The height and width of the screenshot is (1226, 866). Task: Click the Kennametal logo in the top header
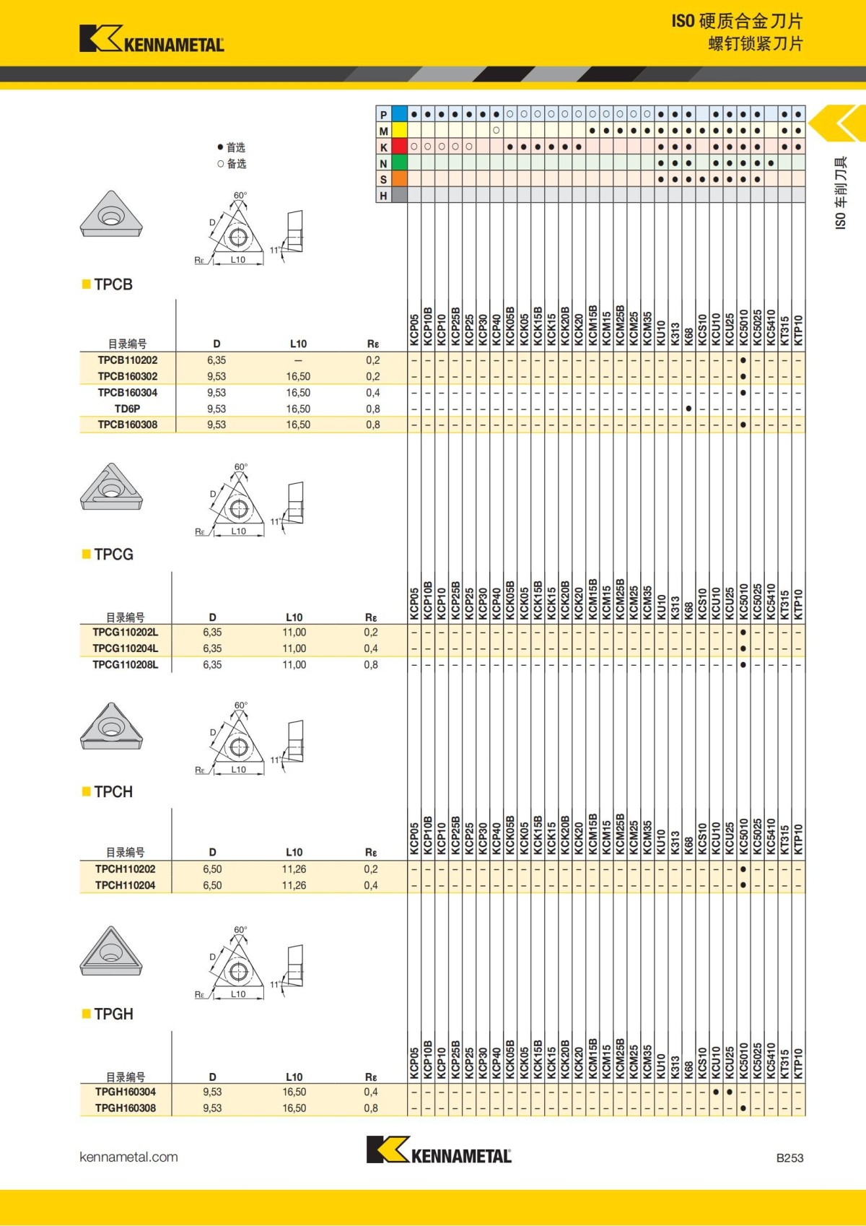(x=152, y=39)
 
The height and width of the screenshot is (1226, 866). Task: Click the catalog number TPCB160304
(x=128, y=393)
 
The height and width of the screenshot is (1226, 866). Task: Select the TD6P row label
(x=128, y=409)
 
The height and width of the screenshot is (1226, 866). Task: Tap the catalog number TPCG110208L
(x=125, y=664)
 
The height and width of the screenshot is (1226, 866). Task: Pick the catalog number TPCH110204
(x=125, y=885)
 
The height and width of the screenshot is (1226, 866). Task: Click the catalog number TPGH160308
(x=125, y=1108)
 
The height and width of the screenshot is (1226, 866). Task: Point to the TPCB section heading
(x=113, y=284)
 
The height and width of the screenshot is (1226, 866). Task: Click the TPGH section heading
(x=113, y=1014)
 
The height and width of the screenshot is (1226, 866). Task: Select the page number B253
(x=790, y=1157)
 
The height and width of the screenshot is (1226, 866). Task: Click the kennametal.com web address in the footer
(x=128, y=1157)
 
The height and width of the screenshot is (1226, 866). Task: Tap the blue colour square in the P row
(x=399, y=114)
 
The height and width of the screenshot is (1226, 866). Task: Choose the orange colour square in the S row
(x=399, y=179)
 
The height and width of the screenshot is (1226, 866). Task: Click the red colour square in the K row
(x=399, y=147)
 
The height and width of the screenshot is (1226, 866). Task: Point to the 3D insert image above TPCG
(x=111, y=487)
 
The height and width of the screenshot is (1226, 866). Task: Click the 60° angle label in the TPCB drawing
(x=240, y=195)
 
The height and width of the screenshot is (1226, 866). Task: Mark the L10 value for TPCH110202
(x=294, y=869)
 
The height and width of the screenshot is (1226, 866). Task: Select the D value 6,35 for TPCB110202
(x=216, y=360)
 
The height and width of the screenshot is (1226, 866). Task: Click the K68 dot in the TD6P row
(x=688, y=409)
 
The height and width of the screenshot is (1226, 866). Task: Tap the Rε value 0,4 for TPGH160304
(x=371, y=1092)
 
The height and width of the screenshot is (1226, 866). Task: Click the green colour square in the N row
(x=399, y=163)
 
